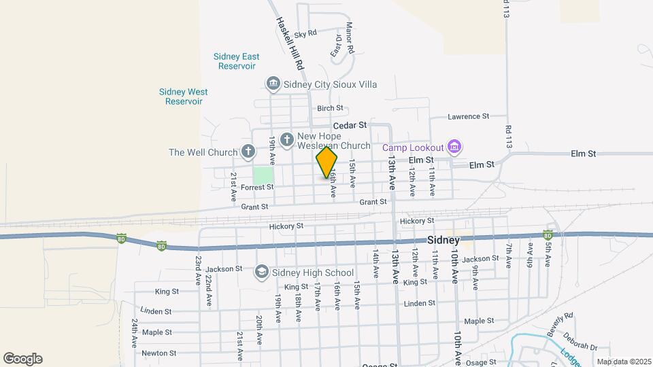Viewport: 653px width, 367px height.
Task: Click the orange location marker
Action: pyautogui.click(x=326, y=162)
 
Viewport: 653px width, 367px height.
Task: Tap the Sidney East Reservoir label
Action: pyautogui.click(x=237, y=61)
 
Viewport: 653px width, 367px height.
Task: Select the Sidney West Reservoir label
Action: pyautogui.click(x=184, y=97)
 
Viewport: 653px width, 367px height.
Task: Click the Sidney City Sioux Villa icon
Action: pyautogui.click(x=273, y=84)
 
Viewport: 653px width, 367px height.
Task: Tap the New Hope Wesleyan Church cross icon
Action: pyautogui.click(x=287, y=139)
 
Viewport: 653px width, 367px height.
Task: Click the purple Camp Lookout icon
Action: pyautogui.click(x=455, y=147)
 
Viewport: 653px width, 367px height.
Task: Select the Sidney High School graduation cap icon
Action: pyautogui.click(x=261, y=273)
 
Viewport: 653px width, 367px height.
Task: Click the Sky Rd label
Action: pyautogui.click(x=305, y=33)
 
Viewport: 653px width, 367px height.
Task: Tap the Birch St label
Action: pyautogui.click(x=330, y=108)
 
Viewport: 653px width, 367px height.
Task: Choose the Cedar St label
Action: pyautogui.click(x=350, y=125)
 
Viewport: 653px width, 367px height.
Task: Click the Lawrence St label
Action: pyautogui.click(x=468, y=116)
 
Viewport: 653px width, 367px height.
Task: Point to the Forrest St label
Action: pyautogui.click(x=256, y=187)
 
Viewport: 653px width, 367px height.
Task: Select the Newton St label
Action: pyautogui.click(x=159, y=353)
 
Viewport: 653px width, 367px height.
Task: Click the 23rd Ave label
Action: pyautogui.click(x=198, y=269)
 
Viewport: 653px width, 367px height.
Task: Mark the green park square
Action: pyautogui.click(x=263, y=175)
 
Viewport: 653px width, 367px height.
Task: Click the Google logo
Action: pyautogui.click(x=22, y=358)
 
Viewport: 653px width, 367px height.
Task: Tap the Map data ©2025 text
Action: pyautogui.click(x=624, y=362)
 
